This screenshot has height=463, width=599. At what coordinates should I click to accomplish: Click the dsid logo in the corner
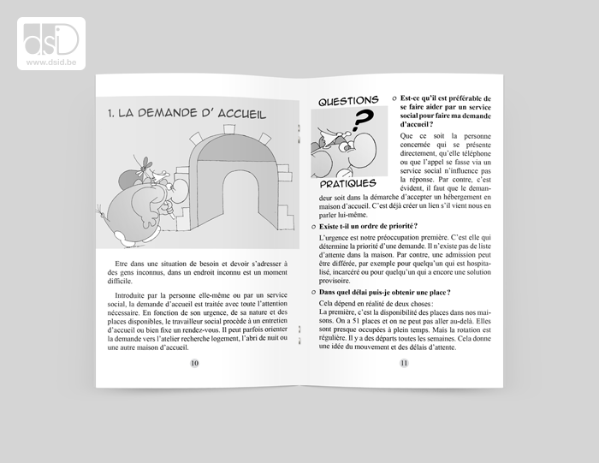pyautogui.click(x=50, y=38)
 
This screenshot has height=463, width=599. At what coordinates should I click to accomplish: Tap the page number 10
pyautogui.click(x=195, y=362)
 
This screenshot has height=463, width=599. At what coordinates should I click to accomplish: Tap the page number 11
pyautogui.click(x=403, y=362)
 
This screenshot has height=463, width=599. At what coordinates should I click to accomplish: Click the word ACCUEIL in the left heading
pyautogui.click(x=235, y=113)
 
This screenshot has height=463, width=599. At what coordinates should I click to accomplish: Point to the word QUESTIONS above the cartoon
pyautogui.click(x=348, y=101)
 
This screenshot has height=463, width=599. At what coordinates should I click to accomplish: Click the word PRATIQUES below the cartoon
pyautogui.click(x=347, y=183)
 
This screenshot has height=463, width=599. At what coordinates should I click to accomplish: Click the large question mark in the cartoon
pyautogui.click(x=363, y=122)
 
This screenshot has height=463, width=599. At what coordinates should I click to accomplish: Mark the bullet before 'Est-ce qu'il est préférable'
pyautogui.click(x=393, y=98)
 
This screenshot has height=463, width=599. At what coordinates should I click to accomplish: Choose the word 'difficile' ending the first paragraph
pyautogui.click(x=121, y=280)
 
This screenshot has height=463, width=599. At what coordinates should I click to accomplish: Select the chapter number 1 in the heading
pyautogui.click(x=110, y=113)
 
